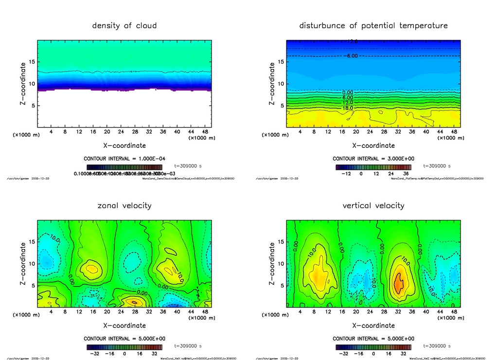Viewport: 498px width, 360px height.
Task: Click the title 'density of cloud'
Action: tap(124, 25)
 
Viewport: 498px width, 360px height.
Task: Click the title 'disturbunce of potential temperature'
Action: tap(373, 25)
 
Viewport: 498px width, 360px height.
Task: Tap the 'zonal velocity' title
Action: tap(124, 205)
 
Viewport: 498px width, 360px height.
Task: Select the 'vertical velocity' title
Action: tap(373, 205)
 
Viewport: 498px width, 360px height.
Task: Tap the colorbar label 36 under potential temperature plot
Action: tap(405, 174)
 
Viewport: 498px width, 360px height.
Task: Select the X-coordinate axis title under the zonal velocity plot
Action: tap(124, 325)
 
